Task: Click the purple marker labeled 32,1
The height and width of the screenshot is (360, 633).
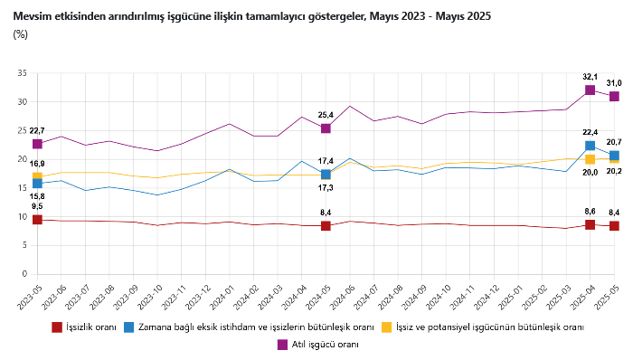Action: click(590, 90)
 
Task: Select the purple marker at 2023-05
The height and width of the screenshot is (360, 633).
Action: click(37, 144)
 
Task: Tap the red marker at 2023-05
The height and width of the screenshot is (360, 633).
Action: click(37, 220)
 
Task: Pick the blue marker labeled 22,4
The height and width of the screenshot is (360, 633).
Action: click(590, 146)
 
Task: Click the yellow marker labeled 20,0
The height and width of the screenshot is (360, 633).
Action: click(590, 159)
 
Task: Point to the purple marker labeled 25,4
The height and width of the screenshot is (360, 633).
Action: click(326, 128)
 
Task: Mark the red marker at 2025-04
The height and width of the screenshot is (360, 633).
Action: click(590, 224)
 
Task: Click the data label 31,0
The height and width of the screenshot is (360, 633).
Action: click(614, 83)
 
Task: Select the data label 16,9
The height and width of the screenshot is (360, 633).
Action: click(37, 164)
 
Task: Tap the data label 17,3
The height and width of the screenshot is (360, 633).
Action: click(326, 187)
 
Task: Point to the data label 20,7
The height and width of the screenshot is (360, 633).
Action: click(614, 142)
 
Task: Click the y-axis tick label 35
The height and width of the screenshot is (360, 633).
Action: click(23, 73)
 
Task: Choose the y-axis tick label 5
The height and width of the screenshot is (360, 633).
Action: click(24, 245)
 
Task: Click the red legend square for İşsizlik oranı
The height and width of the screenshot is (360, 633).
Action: click(57, 327)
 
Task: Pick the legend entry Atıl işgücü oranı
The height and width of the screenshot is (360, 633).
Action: click(318, 345)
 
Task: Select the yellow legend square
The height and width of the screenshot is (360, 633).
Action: click(387, 327)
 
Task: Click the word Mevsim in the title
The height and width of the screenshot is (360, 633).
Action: click(30, 16)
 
